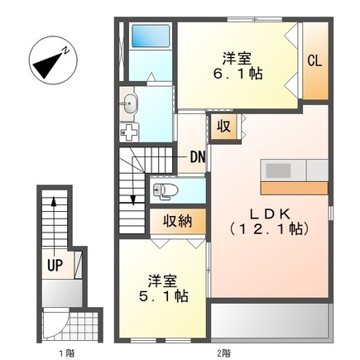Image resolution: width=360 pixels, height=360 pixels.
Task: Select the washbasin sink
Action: tap(131, 103)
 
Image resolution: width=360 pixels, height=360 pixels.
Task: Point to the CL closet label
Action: tap(315, 60)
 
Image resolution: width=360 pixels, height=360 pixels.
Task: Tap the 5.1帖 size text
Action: tap(161, 296)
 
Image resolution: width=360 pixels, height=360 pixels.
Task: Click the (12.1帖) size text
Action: tap(269, 229)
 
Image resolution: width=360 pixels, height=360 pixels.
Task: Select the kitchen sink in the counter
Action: tap(278, 170)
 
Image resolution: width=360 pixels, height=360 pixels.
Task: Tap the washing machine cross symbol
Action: tap(129, 132)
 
